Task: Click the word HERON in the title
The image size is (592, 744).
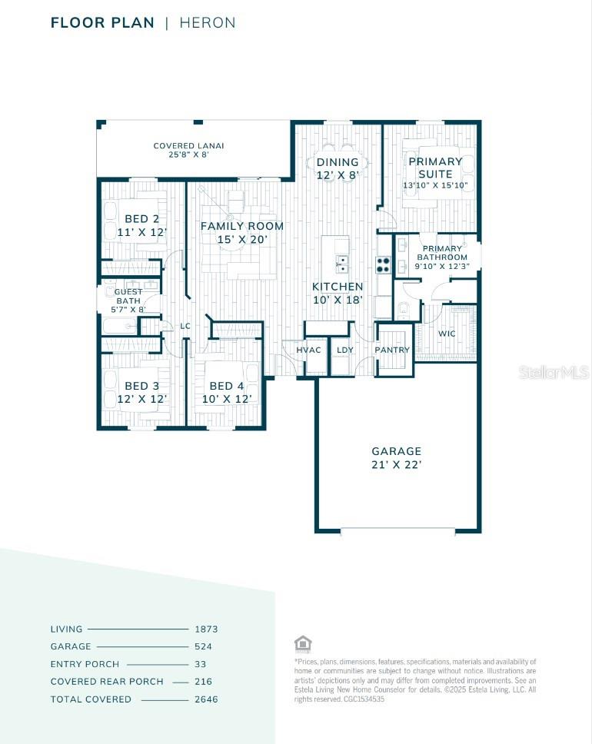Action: coord(208,23)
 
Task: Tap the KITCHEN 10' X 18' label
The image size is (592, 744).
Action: coord(338,293)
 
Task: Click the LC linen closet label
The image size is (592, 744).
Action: coord(185,326)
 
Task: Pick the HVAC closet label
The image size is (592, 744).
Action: coord(308,350)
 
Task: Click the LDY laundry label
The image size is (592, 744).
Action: coord(345,350)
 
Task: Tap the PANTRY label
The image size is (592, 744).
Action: coord(392,350)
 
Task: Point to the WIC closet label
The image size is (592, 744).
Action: coord(446,334)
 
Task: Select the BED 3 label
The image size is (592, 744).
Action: coord(141,392)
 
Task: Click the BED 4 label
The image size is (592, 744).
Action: coord(226,392)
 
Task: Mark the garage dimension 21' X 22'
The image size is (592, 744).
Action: coord(397,464)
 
